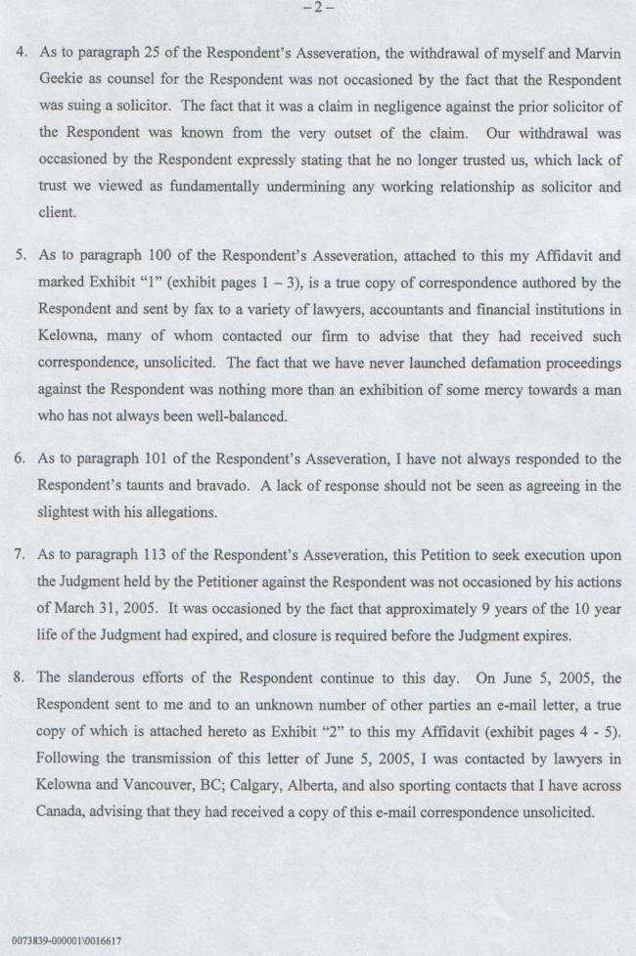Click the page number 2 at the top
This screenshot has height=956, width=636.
[318, 8]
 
